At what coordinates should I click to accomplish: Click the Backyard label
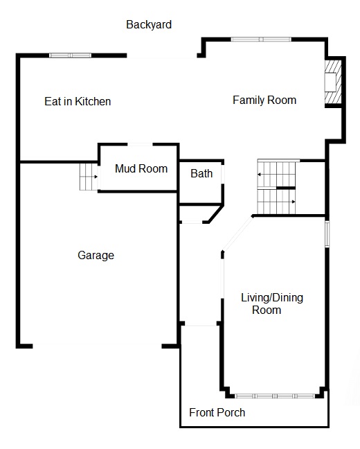(149, 25)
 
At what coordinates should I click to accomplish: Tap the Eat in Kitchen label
(78, 101)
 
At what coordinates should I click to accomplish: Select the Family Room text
(264, 100)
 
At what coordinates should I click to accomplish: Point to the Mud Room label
(141, 168)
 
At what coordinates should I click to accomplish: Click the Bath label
(201, 173)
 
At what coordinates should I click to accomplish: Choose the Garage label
(96, 256)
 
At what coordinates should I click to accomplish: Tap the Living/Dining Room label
(272, 303)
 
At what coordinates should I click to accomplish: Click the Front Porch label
(217, 413)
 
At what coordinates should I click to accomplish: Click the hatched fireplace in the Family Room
(333, 82)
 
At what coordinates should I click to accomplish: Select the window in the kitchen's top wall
(71, 55)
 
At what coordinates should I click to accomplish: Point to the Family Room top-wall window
(261, 39)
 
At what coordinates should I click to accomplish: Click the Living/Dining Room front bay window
(275, 396)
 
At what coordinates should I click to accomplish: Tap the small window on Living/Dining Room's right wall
(327, 234)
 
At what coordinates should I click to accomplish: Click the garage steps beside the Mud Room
(89, 177)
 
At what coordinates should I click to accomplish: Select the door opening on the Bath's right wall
(223, 174)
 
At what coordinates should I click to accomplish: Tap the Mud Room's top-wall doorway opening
(140, 144)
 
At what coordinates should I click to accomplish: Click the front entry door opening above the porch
(201, 324)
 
